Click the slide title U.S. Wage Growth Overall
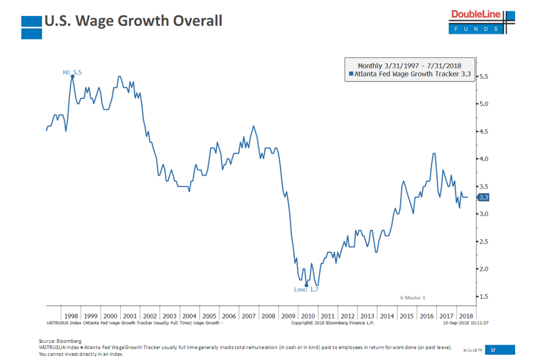pos(133,21)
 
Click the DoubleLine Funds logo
pos(482,22)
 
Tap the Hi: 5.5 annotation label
pos(72,73)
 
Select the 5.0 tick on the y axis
pos(483,104)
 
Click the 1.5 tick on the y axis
pos(483,296)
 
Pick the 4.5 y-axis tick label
pos(483,132)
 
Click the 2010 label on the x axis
pos(308,315)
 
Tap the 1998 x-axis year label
pos(71,315)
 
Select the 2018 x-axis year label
pos(466,315)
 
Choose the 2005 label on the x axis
pos(209,315)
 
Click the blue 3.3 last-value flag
pos(483,197)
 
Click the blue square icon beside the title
pos(31,22)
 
